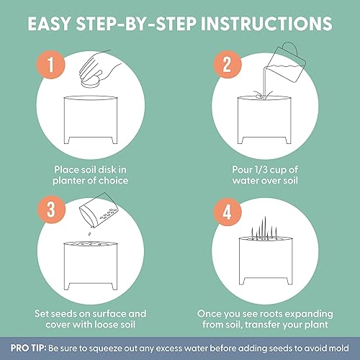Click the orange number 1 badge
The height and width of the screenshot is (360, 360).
50,64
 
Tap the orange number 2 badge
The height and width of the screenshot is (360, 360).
228,64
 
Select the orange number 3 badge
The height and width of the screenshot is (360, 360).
51,210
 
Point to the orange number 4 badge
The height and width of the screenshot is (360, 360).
228,212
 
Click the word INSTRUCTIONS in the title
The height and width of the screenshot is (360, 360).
266,24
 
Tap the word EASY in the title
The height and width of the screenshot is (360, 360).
49,24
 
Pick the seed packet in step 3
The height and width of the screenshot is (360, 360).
99,210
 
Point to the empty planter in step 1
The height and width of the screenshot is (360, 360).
91,120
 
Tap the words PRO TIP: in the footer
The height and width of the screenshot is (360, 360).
28,348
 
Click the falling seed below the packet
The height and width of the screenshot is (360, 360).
89,233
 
